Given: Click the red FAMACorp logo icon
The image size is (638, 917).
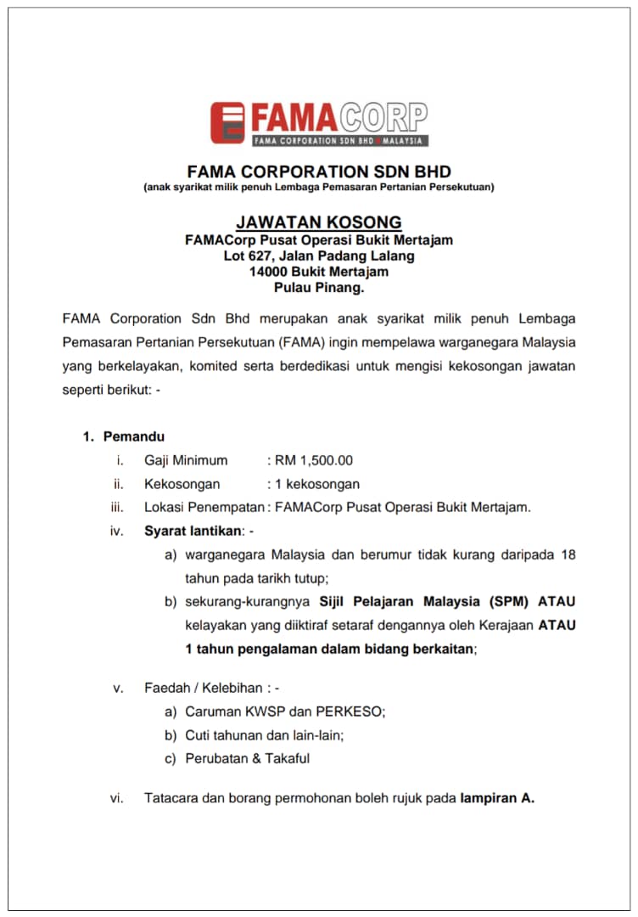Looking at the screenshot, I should [x=227, y=123].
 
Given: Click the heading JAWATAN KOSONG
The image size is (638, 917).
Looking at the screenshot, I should [x=319, y=222].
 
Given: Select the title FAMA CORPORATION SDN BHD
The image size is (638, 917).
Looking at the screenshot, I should [x=319, y=171].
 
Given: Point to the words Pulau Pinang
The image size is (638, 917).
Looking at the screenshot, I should [x=319, y=288].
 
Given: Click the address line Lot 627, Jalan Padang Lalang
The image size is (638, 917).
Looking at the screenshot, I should [x=319, y=256].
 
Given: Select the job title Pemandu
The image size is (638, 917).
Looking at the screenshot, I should [x=134, y=436].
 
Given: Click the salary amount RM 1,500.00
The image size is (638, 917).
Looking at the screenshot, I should [x=313, y=460].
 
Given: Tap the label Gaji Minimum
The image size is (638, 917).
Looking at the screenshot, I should [x=186, y=460].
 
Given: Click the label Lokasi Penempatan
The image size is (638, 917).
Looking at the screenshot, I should [x=204, y=508].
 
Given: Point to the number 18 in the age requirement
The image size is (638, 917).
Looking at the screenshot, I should [x=568, y=554].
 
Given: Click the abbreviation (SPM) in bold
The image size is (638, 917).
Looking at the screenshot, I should [x=508, y=602].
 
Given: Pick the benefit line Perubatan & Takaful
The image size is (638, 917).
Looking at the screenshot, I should [x=247, y=758].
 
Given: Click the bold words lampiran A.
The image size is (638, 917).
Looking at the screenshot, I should [x=497, y=798].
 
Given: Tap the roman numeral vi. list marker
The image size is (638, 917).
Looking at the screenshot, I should [x=117, y=798].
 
